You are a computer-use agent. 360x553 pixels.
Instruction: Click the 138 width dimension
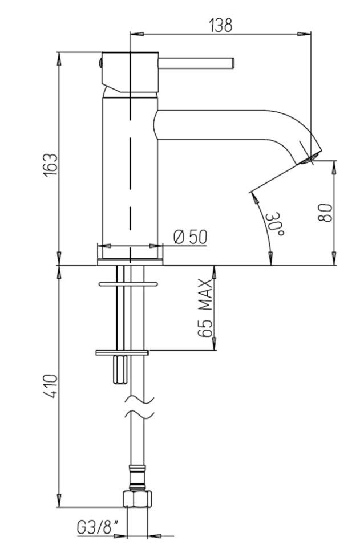[x=221, y=25]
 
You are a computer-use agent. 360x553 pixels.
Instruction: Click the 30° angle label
[x=274, y=224]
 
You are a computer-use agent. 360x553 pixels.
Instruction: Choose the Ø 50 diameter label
[x=191, y=237]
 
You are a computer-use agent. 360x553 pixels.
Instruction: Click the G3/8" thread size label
[x=97, y=528]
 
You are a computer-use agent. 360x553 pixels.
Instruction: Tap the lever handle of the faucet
[x=196, y=63]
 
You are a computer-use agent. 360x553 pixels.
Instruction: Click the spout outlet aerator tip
[x=312, y=158]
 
